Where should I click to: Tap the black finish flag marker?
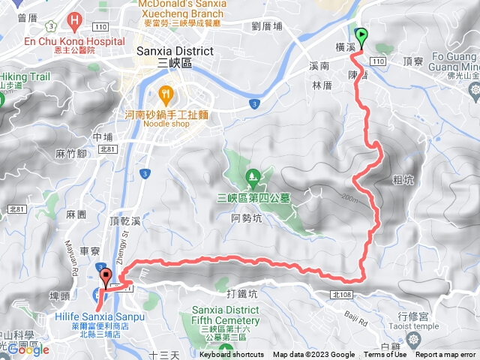tap(106, 277)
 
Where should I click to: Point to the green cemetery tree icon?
tap(253, 178)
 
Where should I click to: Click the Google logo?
tap(28, 349)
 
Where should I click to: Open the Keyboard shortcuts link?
tap(232, 355)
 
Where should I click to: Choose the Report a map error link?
tap(446, 355)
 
